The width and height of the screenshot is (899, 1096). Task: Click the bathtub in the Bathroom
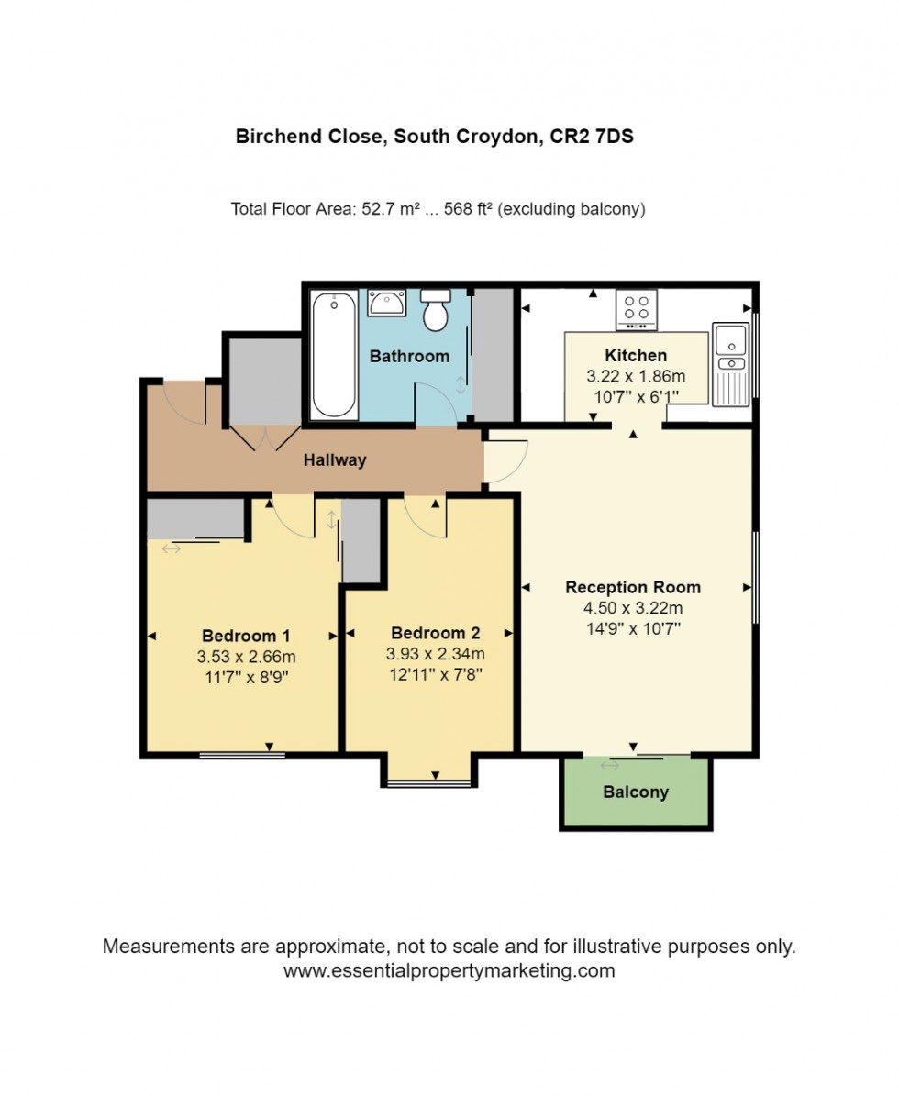click(333, 355)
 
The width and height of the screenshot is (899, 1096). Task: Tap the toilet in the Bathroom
click(435, 312)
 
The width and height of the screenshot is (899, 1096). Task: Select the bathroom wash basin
click(387, 303)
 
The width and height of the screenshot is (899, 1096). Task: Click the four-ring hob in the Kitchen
click(635, 309)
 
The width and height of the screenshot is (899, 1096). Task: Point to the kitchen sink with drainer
click(732, 364)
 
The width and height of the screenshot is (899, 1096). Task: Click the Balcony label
click(636, 792)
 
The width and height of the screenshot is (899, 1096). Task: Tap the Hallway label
click(335, 460)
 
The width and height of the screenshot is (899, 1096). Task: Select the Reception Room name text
click(633, 587)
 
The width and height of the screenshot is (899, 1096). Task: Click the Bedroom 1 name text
click(246, 636)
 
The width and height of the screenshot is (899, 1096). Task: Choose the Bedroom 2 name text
click(435, 633)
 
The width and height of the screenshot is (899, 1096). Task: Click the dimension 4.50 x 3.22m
click(633, 608)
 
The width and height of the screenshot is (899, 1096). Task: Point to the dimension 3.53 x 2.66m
click(246, 657)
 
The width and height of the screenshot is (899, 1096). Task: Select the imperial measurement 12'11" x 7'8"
click(435, 674)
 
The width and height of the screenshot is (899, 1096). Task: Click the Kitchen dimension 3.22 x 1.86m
click(636, 376)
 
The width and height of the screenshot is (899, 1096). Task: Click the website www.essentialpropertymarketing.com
click(449, 970)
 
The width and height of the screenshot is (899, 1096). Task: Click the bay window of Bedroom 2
click(427, 782)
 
